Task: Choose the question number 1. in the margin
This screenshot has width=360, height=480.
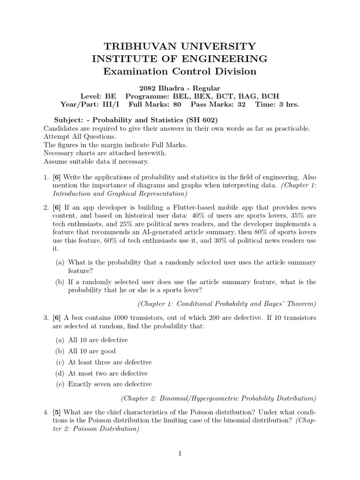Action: pos(46,178)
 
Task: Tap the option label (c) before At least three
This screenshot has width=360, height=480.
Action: pos(60,362)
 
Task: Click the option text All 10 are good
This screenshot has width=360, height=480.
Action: pos(91,351)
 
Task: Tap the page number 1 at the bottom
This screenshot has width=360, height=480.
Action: pos(180,453)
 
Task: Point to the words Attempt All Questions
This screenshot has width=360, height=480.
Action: pos(79,136)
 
